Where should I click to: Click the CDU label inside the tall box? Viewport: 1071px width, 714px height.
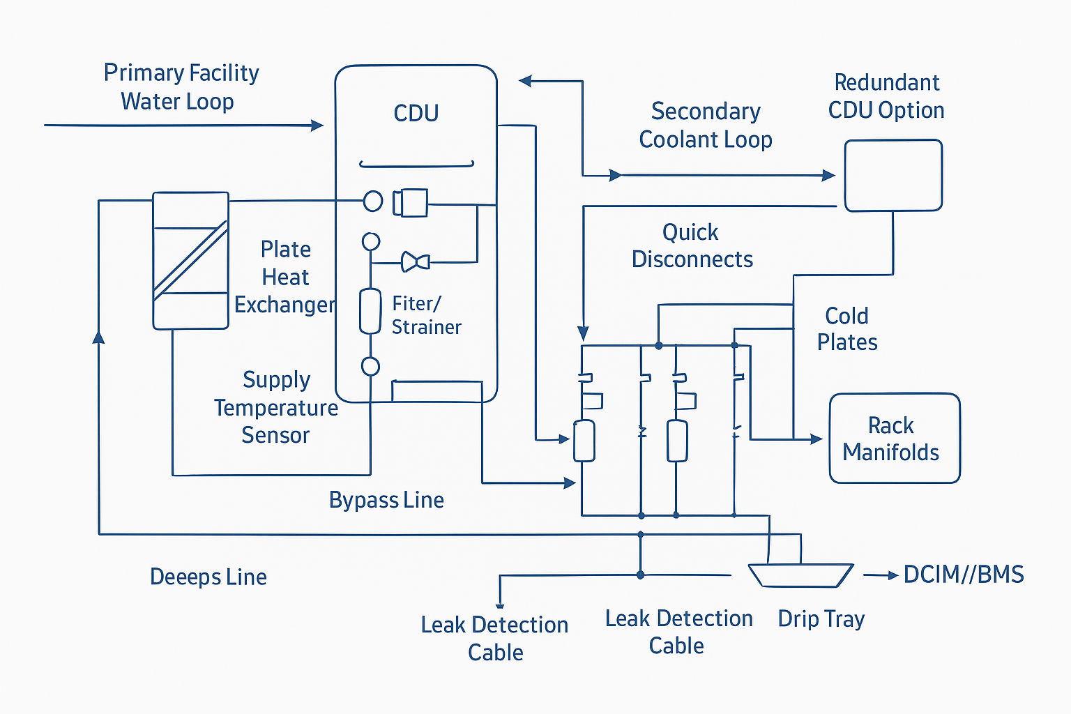pos(416,113)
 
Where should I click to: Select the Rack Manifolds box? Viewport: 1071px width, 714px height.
pos(894,439)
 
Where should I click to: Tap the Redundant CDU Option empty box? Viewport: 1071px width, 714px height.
pos(893,176)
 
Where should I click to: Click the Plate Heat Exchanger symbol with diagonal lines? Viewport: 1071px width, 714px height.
pos(190,261)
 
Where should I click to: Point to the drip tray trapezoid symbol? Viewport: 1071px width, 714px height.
pos(800,575)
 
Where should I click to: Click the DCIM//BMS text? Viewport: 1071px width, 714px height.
pos(964,575)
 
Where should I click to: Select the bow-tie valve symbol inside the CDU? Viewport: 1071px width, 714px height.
pos(416,262)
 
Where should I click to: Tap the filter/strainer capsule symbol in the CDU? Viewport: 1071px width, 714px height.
pos(370,311)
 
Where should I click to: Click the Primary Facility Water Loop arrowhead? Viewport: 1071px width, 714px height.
pos(317,126)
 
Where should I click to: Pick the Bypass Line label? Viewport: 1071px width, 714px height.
pos(386,500)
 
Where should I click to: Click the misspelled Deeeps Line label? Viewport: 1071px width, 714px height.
pos(208,577)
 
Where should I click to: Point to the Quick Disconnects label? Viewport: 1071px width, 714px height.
pos(692,245)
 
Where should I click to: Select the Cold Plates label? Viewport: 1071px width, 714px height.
pos(847,328)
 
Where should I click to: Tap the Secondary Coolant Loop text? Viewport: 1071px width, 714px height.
pos(706,126)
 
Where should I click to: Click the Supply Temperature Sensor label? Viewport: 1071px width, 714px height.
pos(276,407)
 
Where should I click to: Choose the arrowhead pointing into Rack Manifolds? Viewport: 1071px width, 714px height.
pos(816,439)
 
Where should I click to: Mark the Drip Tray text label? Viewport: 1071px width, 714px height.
pos(821,618)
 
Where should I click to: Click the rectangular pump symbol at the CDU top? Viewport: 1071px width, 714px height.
pos(410,202)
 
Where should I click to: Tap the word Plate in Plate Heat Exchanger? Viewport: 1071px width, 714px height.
pos(285,249)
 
